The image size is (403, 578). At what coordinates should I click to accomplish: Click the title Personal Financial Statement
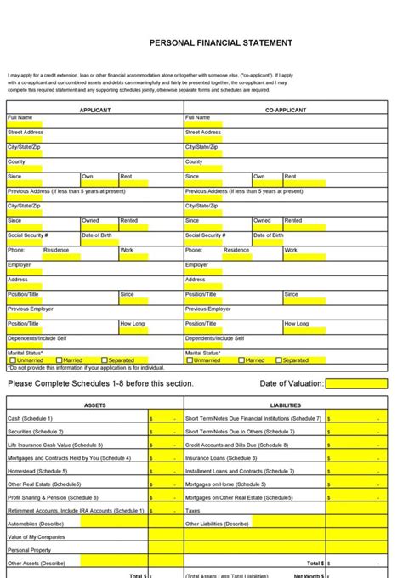pyautogui.click(x=221, y=42)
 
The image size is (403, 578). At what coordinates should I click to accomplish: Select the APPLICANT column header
pyautogui.click(x=95, y=110)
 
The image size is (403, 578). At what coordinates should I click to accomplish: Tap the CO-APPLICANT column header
pyautogui.click(x=285, y=110)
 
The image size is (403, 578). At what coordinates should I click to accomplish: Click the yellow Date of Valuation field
pyautogui.click(x=357, y=383)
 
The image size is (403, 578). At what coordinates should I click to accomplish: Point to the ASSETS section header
pyautogui.click(x=95, y=405)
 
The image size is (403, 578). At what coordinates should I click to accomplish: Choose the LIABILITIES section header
pyautogui.click(x=285, y=405)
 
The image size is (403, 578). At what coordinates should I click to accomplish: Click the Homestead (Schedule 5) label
pyautogui.click(x=37, y=471)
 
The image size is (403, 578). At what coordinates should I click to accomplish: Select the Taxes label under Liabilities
pyautogui.click(x=193, y=510)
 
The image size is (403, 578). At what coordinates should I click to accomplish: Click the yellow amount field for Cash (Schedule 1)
pyautogui.click(x=164, y=418)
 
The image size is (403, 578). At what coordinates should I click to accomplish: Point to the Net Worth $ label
pyautogui.click(x=307, y=575)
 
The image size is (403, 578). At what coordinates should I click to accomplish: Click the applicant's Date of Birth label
pyautogui.click(x=98, y=235)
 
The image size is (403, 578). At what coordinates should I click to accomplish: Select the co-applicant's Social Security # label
pyautogui.click(x=205, y=235)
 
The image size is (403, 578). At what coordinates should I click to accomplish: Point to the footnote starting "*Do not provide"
pyautogui.click(x=85, y=368)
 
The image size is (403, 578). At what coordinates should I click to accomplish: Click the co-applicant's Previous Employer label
pyautogui.click(x=208, y=309)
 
